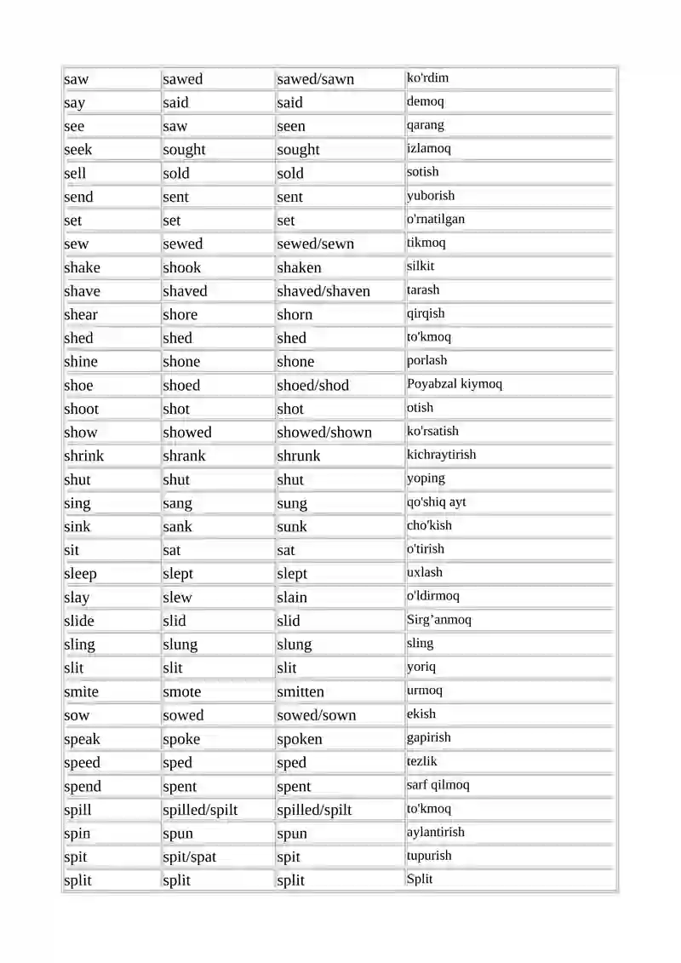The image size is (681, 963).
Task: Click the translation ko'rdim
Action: pyautogui.click(x=427, y=78)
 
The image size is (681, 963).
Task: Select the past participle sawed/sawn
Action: pyautogui.click(x=315, y=79)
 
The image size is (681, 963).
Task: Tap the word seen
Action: pyautogui.click(x=291, y=126)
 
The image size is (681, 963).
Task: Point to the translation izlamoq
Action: pyautogui.click(x=429, y=148)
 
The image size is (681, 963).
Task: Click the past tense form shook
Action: pyautogui.click(x=182, y=267)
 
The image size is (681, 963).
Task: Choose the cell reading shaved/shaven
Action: pyautogui.click(x=323, y=291)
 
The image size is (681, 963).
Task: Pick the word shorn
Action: pyautogui.click(x=295, y=315)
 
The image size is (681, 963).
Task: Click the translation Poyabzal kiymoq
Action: pyautogui.click(x=455, y=384)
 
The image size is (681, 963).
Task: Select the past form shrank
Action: pyautogui.click(x=184, y=456)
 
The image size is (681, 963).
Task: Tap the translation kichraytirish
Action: pyautogui.click(x=442, y=455)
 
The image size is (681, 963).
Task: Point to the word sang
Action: pyautogui.click(x=178, y=503)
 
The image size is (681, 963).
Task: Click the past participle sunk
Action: pyautogui.click(x=292, y=527)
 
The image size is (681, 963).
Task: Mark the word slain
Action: pyautogui.click(x=292, y=598)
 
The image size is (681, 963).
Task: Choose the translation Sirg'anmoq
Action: pyautogui.click(x=438, y=620)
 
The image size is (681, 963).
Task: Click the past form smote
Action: pyautogui.click(x=182, y=692)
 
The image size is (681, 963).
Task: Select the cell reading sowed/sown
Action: pyautogui.click(x=317, y=716)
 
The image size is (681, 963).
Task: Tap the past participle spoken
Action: pyautogui.click(x=300, y=739)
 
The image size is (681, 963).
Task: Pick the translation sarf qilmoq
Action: pyautogui.click(x=438, y=785)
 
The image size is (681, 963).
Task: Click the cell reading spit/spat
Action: pyautogui.click(x=190, y=857)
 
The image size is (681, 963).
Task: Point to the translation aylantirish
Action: pyautogui.click(x=436, y=832)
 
